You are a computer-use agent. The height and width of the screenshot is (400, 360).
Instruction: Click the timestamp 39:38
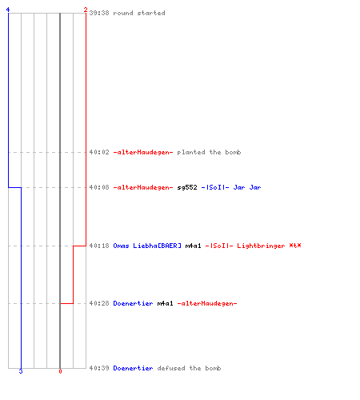tap(99, 13)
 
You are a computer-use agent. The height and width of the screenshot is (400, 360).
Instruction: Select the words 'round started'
tap(139, 13)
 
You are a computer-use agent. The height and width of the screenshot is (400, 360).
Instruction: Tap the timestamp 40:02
tap(99, 152)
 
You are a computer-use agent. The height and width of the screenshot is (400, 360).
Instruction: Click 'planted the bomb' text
tap(209, 152)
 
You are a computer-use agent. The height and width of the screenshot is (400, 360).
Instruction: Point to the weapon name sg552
tap(187, 187)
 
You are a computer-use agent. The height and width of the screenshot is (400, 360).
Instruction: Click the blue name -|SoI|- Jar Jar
tap(231, 187)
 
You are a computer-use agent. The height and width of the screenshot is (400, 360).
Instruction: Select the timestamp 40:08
tap(99, 187)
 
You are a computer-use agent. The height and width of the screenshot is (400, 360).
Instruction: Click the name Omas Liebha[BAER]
tap(147, 246)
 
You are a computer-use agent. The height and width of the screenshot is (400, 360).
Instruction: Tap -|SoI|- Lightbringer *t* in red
tap(253, 246)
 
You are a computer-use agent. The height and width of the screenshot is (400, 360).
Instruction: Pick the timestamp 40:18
tap(99, 246)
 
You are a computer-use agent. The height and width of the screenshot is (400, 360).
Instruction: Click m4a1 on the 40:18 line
tap(193, 246)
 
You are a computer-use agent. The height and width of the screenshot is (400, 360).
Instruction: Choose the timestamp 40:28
tap(99, 303)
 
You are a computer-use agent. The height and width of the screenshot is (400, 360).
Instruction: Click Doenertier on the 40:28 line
tap(133, 303)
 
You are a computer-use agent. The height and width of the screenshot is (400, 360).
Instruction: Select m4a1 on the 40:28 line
tap(165, 303)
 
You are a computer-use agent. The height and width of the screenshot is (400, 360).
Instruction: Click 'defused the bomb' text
tap(189, 368)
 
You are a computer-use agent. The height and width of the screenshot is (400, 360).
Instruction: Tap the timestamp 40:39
tap(99, 368)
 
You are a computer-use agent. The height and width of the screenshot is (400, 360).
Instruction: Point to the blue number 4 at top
tap(8, 10)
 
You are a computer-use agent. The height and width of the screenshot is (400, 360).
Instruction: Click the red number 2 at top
tap(86, 10)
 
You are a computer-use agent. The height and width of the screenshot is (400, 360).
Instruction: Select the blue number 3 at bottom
tap(21, 371)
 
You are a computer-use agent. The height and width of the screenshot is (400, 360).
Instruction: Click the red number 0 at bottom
tap(60, 371)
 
